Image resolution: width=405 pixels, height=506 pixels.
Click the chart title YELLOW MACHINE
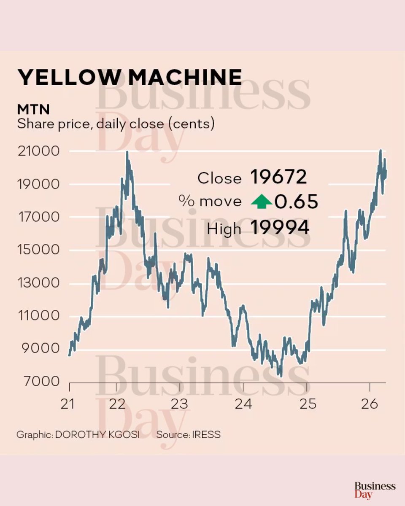click(129, 78)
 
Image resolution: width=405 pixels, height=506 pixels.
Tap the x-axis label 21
click(67, 404)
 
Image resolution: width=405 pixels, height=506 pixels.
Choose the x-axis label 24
click(243, 404)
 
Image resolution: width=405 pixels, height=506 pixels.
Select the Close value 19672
click(278, 178)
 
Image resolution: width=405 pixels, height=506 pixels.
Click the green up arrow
click(262, 203)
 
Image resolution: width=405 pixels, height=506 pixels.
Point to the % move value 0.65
click(296, 202)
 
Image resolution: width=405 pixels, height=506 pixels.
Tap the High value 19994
click(280, 228)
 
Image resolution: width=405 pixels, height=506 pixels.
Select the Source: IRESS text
click(188, 434)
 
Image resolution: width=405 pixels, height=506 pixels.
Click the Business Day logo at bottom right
click(375, 490)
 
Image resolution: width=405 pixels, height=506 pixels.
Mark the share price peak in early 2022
click(127, 153)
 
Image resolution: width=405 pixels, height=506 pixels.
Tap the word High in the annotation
click(224, 229)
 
